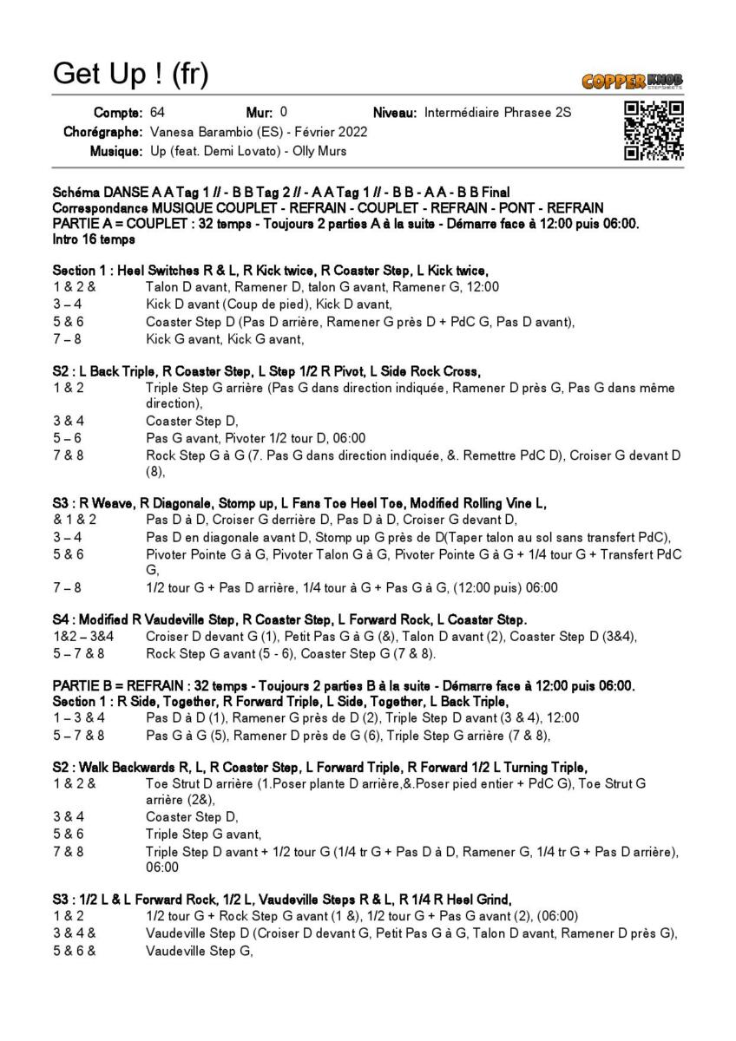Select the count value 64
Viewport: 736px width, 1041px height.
tap(157, 112)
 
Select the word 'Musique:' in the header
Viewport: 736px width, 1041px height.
tap(116, 152)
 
